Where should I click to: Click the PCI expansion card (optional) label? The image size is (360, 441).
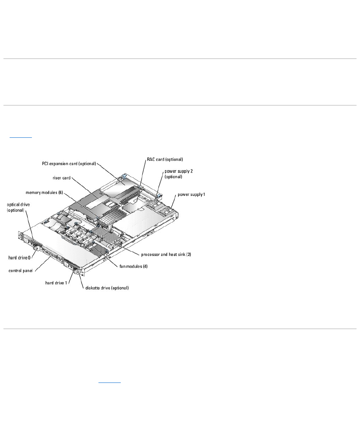68,163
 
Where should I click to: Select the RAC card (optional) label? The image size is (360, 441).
165,159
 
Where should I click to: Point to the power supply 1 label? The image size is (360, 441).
191,194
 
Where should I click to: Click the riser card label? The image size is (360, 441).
62,178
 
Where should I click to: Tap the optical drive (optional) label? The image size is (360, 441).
18,207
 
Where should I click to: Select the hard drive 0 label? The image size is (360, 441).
19,257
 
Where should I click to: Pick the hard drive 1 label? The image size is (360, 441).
56,283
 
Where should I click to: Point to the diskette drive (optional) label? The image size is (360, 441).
107,288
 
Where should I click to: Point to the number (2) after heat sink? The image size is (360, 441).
188,254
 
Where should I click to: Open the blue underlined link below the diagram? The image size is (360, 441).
109,382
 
